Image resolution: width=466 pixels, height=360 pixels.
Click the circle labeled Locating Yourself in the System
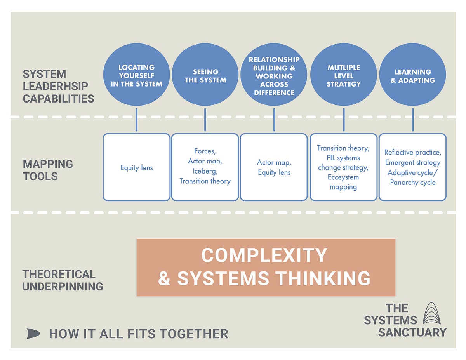pos(136,75)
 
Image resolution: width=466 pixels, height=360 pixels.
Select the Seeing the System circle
pos(205,75)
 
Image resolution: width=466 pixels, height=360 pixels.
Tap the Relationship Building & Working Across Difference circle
pos(274,75)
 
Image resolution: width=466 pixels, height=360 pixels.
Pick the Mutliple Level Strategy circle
pos(343,75)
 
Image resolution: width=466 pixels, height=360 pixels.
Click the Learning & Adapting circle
pos(412,75)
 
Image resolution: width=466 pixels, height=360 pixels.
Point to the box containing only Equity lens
pos(136,167)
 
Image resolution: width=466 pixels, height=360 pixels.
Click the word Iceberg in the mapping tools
pos(205,171)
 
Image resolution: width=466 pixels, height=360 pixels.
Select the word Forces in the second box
pos(205,151)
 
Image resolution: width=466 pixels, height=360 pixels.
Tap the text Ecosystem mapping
pos(343,182)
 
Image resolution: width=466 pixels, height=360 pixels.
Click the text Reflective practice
pos(412,153)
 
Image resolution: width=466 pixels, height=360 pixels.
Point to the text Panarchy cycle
pos(412,183)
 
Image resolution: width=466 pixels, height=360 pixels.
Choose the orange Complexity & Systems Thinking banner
pos(266,267)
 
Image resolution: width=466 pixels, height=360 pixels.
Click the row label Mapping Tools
pos(48,170)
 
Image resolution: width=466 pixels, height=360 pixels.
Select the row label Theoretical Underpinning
pos(62,280)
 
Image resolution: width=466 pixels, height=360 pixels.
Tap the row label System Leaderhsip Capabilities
pos(58,86)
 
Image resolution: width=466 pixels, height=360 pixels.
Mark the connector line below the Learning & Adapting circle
pos(412,120)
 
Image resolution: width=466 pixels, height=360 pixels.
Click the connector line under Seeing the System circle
pos(205,120)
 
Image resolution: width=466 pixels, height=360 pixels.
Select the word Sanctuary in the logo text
pos(412,332)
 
